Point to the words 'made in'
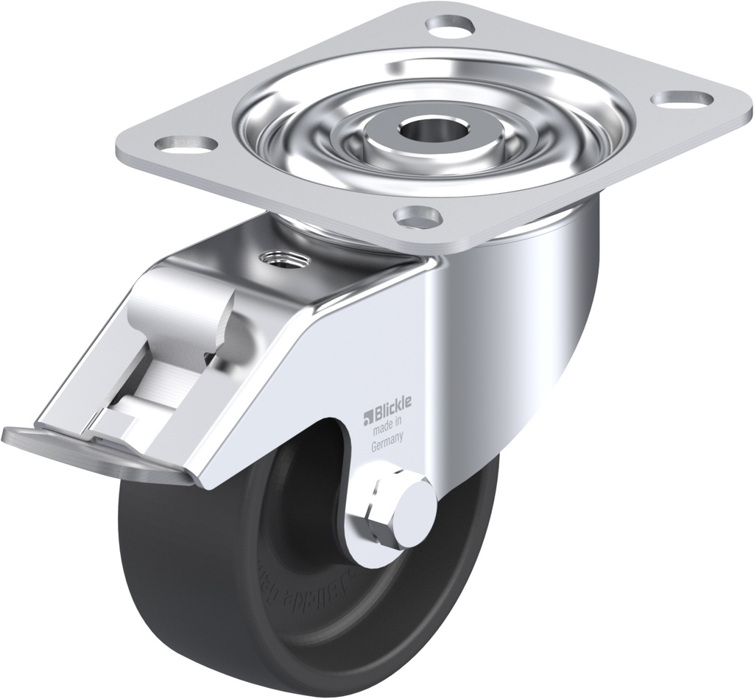[386, 423]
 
